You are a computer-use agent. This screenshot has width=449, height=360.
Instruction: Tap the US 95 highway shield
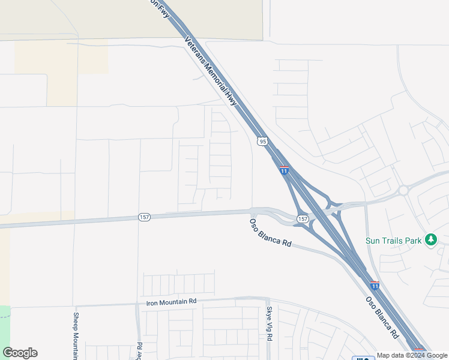pyautogui.click(x=262, y=142)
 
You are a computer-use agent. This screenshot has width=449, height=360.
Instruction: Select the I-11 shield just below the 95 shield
pyautogui.click(x=284, y=170)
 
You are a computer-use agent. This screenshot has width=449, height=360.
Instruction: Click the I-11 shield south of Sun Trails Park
pyautogui.click(x=374, y=286)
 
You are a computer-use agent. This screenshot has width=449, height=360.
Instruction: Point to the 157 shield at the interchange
pyautogui.click(x=303, y=219)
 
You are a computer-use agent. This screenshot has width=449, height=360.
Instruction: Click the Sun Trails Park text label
pyautogui.click(x=394, y=241)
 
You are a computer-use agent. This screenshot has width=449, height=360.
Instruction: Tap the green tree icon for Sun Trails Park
pyautogui.click(x=430, y=240)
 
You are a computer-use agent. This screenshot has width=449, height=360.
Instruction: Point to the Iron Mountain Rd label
pyautogui.click(x=171, y=302)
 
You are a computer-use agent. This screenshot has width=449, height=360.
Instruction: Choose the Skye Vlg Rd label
pyautogui.click(x=269, y=324)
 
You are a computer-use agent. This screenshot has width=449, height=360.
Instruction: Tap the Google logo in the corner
pyautogui.click(x=20, y=353)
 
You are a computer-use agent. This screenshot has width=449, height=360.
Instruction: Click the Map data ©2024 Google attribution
pyautogui.click(x=412, y=355)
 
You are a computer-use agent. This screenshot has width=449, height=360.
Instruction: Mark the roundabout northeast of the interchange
pyautogui.click(x=403, y=191)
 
